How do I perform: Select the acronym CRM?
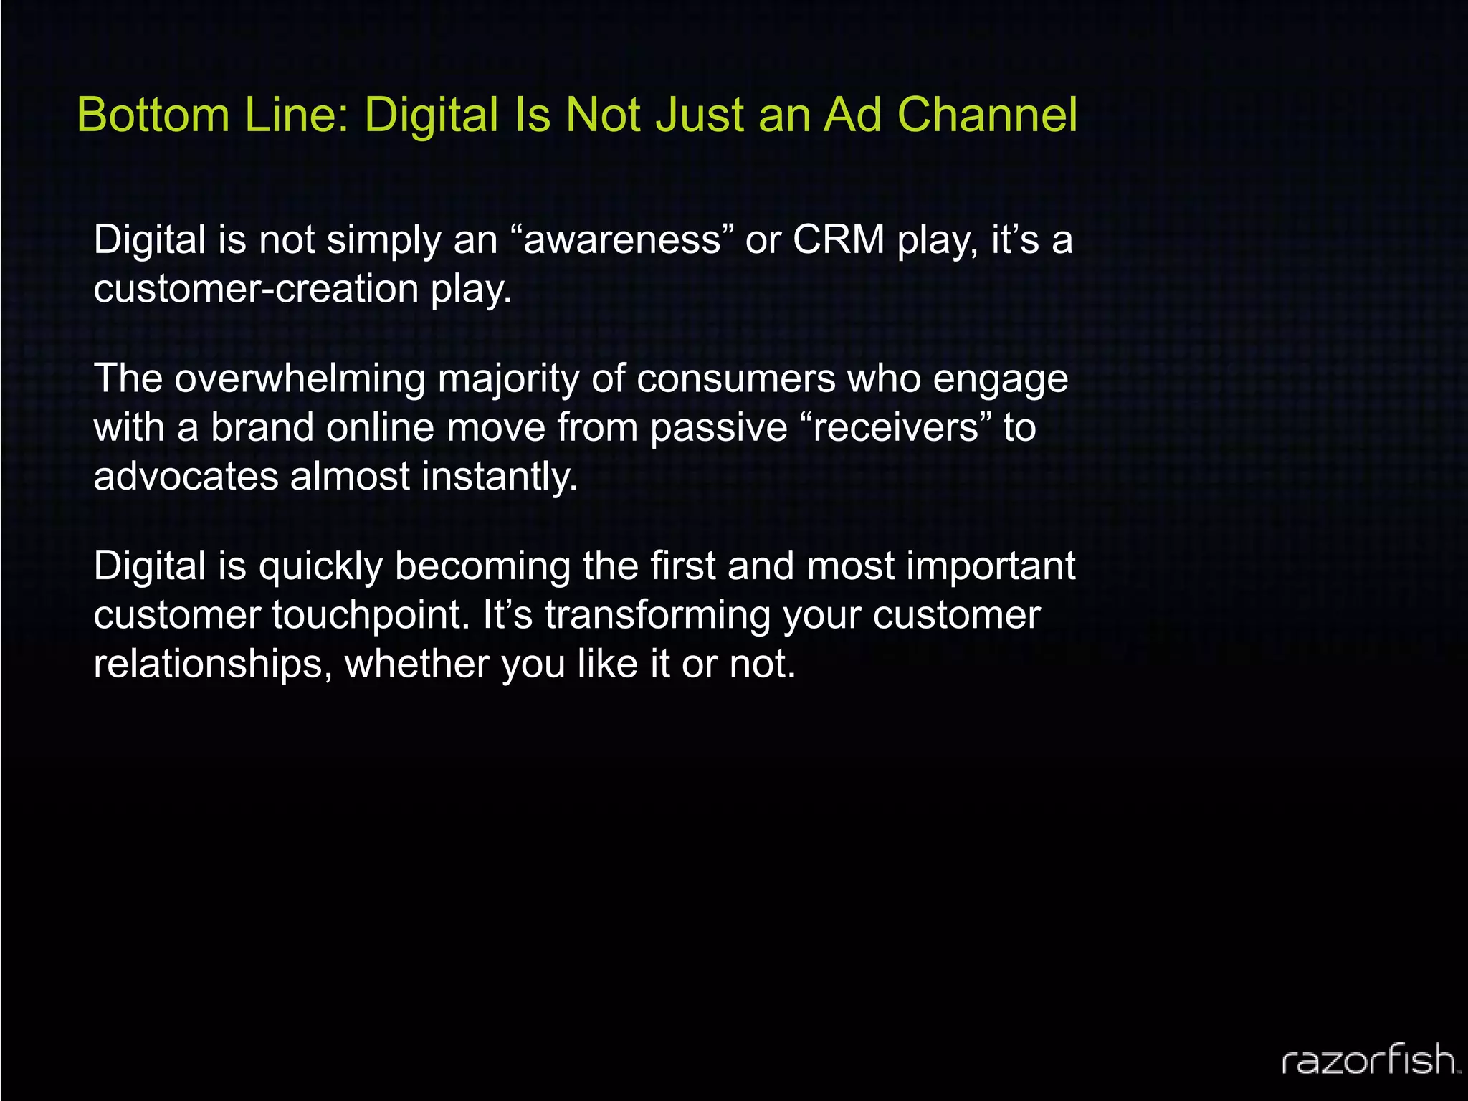click(x=838, y=239)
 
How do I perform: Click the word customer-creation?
click(x=256, y=289)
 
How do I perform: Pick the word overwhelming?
click(x=300, y=378)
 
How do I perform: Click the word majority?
click(x=508, y=378)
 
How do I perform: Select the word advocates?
click(x=186, y=476)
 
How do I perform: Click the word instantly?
click(x=500, y=476)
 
